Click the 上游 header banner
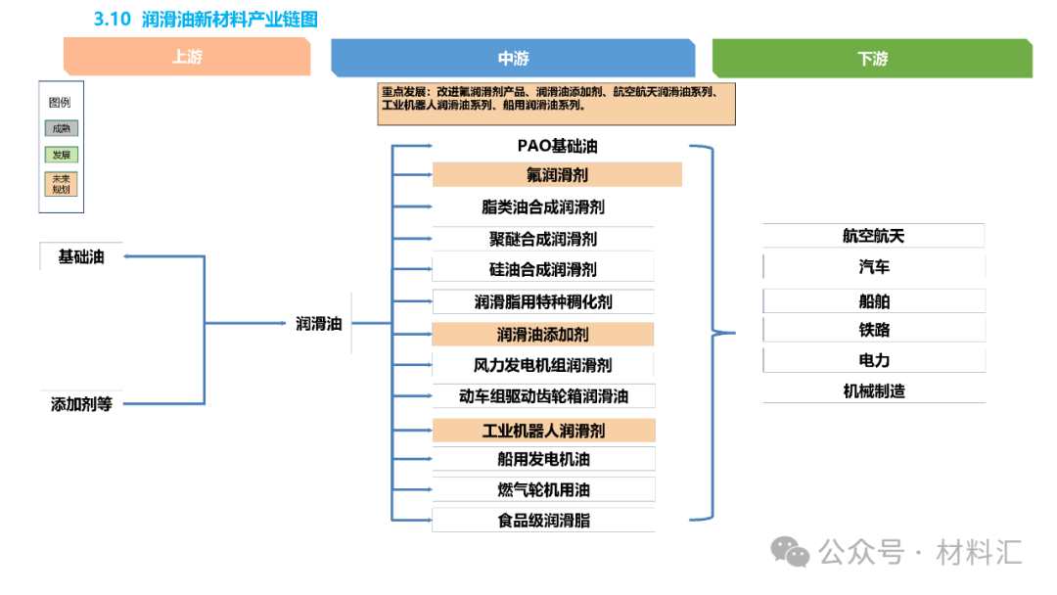[x=187, y=57]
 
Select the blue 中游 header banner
[x=513, y=58]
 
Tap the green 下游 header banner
[x=872, y=58]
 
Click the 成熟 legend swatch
[x=61, y=127]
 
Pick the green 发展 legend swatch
[x=61, y=155]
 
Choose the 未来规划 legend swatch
[x=61, y=185]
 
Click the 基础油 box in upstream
[x=81, y=257]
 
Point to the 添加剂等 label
[x=81, y=403]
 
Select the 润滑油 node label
[x=319, y=323]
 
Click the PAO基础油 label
[x=557, y=146]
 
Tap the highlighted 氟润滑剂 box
[x=557, y=175]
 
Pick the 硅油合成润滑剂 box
[x=543, y=269]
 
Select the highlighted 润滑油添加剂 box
[x=543, y=335]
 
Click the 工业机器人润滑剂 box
[x=543, y=431]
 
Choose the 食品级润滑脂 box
[x=543, y=521]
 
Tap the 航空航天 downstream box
[x=873, y=236]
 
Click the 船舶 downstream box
[x=873, y=301]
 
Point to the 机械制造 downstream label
[x=873, y=391]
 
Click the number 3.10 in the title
[x=112, y=19]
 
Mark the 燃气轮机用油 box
[x=543, y=489]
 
